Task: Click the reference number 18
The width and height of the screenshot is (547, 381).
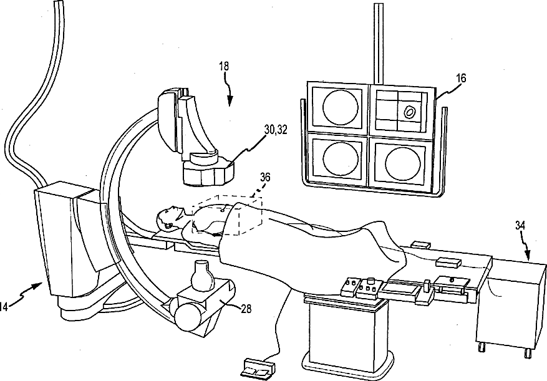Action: pyautogui.click(x=225, y=82)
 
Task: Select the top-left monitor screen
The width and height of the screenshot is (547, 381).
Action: pyautogui.click(x=339, y=107)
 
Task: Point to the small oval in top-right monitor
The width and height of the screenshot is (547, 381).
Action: pyautogui.click(x=410, y=112)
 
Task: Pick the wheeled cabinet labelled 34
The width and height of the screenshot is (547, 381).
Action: pyautogui.click(x=511, y=306)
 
